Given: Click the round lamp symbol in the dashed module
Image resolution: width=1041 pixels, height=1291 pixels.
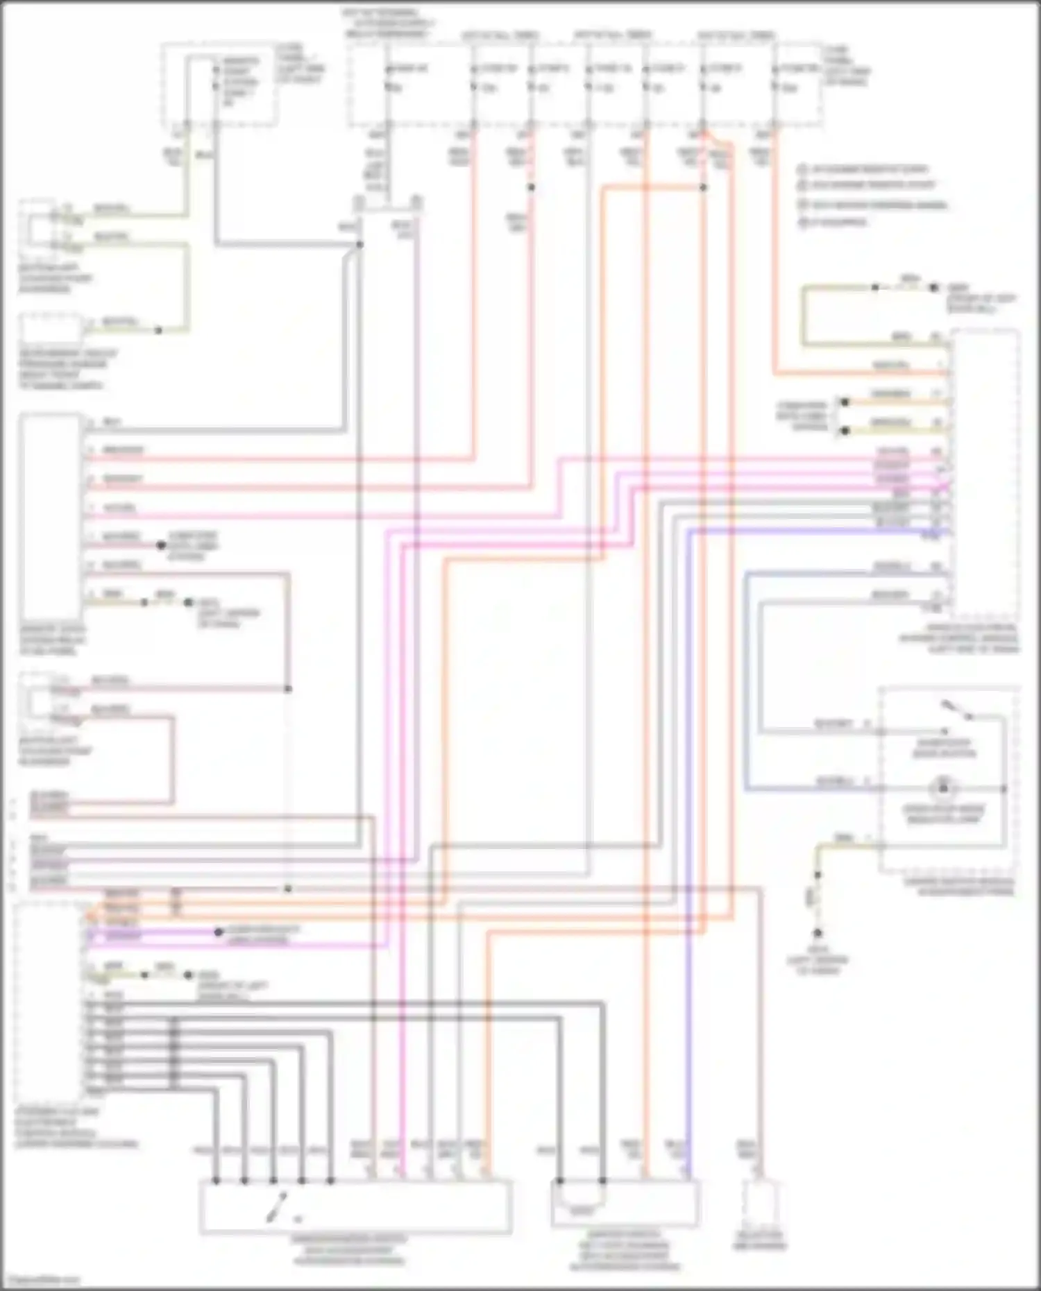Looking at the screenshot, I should [x=942, y=788].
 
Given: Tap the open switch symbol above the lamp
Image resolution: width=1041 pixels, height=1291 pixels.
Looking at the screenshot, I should [x=956, y=711].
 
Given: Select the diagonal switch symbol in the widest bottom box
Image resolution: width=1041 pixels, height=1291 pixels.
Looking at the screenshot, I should [x=278, y=1206].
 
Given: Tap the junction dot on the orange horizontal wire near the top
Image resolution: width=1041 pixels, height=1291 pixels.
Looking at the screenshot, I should [x=703, y=187].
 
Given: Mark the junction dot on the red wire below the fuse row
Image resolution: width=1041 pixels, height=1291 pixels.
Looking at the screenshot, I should [x=531, y=187].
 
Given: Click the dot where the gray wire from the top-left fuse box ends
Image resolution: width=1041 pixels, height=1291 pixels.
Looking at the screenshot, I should [x=359, y=244].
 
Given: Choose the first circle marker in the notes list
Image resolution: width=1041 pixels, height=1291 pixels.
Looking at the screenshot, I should [x=803, y=169].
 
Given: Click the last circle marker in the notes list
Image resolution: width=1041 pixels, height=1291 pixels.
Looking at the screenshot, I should [x=803, y=222].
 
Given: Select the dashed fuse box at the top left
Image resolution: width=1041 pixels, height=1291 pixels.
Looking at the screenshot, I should [x=219, y=85].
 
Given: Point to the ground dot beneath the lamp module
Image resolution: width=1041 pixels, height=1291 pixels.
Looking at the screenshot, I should [x=818, y=934].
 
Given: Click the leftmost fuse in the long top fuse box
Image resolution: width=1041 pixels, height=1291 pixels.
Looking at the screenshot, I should [x=389, y=78].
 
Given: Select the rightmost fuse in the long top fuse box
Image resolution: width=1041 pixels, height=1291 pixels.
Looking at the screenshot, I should [x=776, y=78].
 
